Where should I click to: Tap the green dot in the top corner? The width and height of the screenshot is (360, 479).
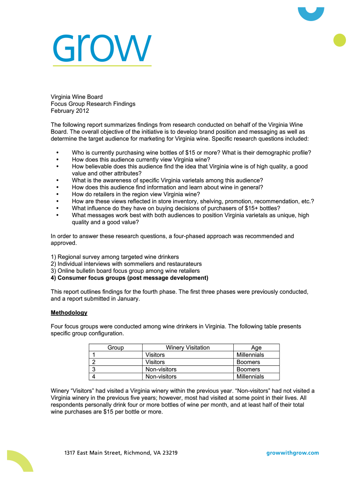[x=339, y=40]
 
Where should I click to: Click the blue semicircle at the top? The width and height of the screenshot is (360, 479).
[x=311, y=13]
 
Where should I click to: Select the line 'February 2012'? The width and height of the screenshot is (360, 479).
[x=70, y=111]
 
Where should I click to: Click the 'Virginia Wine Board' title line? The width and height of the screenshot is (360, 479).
[x=77, y=97]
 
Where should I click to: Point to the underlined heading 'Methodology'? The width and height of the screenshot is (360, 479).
[x=69, y=312]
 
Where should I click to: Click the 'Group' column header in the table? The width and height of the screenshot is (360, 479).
[x=115, y=348]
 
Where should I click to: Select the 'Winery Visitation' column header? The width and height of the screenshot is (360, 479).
[x=187, y=348]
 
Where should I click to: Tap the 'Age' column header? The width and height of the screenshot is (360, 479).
[x=256, y=348]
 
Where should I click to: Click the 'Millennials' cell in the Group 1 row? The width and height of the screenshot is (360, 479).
[x=250, y=355]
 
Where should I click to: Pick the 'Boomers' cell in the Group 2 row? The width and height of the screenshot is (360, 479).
[x=248, y=362]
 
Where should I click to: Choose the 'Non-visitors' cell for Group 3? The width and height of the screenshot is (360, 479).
[x=161, y=370]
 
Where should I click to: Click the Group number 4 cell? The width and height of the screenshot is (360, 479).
[x=94, y=377]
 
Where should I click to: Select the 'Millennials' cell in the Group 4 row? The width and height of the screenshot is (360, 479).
[x=250, y=377]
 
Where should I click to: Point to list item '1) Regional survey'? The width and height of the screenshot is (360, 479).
[x=115, y=257]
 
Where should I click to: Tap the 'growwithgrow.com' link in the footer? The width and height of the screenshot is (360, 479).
[x=292, y=453]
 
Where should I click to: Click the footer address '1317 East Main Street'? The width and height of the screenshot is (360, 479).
[x=121, y=453]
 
